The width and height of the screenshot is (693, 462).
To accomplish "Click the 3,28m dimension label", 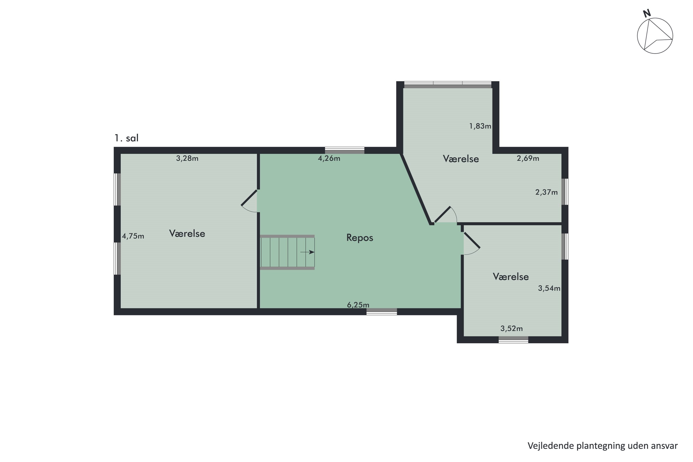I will [x=187, y=158].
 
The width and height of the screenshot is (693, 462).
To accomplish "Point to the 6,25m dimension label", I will [x=358, y=305].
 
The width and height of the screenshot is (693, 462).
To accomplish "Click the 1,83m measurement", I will [x=480, y=126].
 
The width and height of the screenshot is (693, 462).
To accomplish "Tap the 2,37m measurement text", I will [x=546, y=192].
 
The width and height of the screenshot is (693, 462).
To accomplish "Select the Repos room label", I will [x=360, y=237].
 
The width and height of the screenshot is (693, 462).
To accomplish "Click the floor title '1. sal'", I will [x=126, y=138].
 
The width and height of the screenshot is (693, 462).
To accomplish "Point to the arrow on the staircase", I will [x=307, y=252].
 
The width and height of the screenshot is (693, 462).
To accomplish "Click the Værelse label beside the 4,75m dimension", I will [x=187, y=233].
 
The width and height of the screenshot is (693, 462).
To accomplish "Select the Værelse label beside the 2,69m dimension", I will [x=461, y=159].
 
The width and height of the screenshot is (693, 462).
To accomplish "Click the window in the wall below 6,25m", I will [x=382, y=312].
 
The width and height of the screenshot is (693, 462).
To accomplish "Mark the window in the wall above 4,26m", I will [x=344, y=150].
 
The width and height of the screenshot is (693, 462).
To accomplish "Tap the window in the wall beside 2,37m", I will [x=565, y=191].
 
